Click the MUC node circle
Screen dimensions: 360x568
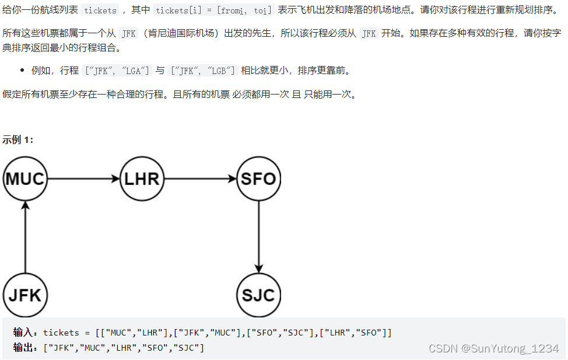(25, 179)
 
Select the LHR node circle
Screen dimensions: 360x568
(142, 179)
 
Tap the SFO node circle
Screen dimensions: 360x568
(258, 179)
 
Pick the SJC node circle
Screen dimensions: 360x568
(258, 295)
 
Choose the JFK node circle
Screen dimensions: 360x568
(25, 295)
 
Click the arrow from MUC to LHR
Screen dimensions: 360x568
(83, 179)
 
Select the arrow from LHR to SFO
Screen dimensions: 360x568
(200, 179)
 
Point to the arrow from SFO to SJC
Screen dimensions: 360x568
(258, 236)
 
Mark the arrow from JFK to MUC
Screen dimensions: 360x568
(25, 236)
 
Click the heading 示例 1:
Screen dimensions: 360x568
(18, 139)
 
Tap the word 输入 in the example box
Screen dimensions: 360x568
(24, 333)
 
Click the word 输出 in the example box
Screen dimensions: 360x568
(24, 348)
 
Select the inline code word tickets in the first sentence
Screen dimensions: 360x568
(100, 11)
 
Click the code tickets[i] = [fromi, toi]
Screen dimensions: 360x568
(214, 11)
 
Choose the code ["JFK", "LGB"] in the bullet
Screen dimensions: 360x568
(202, 71)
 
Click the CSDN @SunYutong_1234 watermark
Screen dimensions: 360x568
(493, 348)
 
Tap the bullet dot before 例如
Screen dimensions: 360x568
(22, 71)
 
